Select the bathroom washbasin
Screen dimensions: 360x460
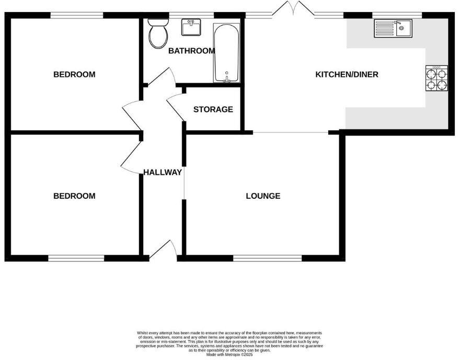click(192, 27)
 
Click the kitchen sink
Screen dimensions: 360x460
click(393, 28)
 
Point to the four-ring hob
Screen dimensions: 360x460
click(437, 78)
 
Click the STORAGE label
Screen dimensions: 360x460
click(213, 109)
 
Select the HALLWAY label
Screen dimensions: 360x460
click(163, 172)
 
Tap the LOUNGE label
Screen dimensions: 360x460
click(263, 196)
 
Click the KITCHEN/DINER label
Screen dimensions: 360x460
click(347, 74)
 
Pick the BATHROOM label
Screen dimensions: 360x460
click(191, 51)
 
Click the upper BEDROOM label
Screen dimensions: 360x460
click(74, 74)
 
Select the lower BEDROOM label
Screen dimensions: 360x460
click(74, 196)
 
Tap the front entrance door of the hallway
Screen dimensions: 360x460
click(164, 250)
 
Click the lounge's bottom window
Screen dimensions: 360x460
click(267, 257)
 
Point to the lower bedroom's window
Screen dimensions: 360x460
click(76, 257)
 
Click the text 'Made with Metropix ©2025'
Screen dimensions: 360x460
click(229, 354)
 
